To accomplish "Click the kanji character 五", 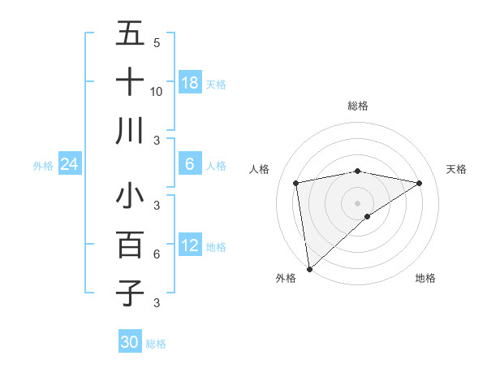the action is (130, 34).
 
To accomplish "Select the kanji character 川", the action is (130, 131).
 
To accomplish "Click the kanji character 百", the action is (130, 245).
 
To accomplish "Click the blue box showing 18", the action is (190, 83).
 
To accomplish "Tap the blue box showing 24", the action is (69, 165).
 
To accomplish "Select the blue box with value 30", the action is (130, 342).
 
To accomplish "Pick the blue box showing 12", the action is (190, 245).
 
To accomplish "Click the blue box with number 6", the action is (190, 164).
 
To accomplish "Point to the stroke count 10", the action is (157, 91).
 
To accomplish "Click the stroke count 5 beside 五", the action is (156, 42).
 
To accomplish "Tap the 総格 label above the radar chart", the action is (357, 106).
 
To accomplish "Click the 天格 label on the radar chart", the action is (456, 169).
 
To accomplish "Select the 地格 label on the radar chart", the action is (425, 278).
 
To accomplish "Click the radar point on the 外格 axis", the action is (308, 268).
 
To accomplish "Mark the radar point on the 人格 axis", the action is (296, 183).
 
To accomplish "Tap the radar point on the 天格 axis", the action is (420, 183).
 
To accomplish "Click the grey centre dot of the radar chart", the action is (357, 202).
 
